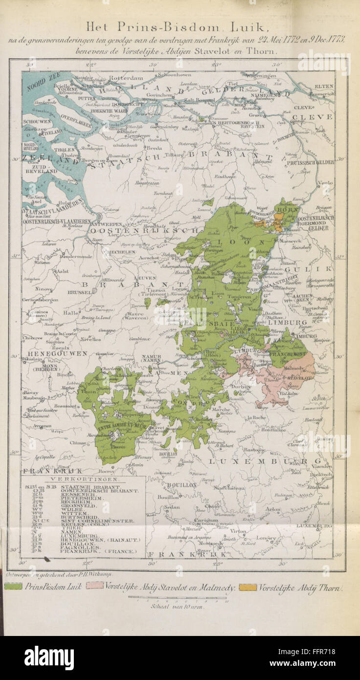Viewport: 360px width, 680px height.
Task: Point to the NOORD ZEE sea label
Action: point(42,82)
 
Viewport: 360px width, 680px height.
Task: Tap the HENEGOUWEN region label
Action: point(50,353)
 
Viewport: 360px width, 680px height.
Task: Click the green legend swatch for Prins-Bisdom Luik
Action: point(13,587)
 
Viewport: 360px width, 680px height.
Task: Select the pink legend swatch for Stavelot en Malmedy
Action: point(94,587)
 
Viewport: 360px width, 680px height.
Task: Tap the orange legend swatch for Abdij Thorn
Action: point(247,587)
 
